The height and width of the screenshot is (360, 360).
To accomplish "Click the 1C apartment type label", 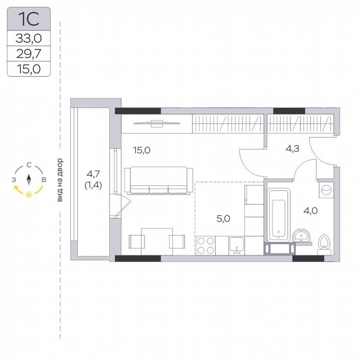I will click(29, 19).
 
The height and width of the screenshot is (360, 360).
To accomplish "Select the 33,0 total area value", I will click(29, 38).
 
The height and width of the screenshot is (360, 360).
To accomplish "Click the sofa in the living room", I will click(159, 180).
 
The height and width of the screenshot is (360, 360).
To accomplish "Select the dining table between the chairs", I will click(157, 241).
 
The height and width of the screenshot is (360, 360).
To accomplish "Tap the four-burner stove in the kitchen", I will click(205, 245).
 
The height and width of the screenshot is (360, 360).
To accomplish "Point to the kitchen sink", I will click(236, 245).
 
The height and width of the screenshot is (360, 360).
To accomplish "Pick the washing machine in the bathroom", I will click(325, 190).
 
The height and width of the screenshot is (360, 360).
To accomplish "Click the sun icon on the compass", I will click(29, 195).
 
